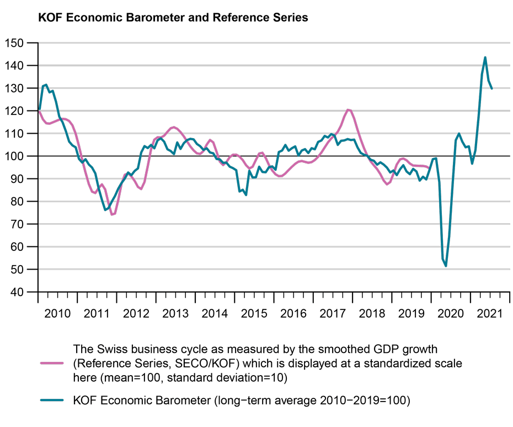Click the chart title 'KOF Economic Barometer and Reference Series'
click(173, 18)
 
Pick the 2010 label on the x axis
click(57, 314)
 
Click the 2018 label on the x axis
click(372, 314)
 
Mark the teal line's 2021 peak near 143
click(485, 57)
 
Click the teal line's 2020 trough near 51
click(446, 266)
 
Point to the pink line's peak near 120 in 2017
click(348, 110)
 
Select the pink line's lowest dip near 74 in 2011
click(112, 214)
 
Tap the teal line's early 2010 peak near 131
click(46, 85)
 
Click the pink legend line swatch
click(54, 363)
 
